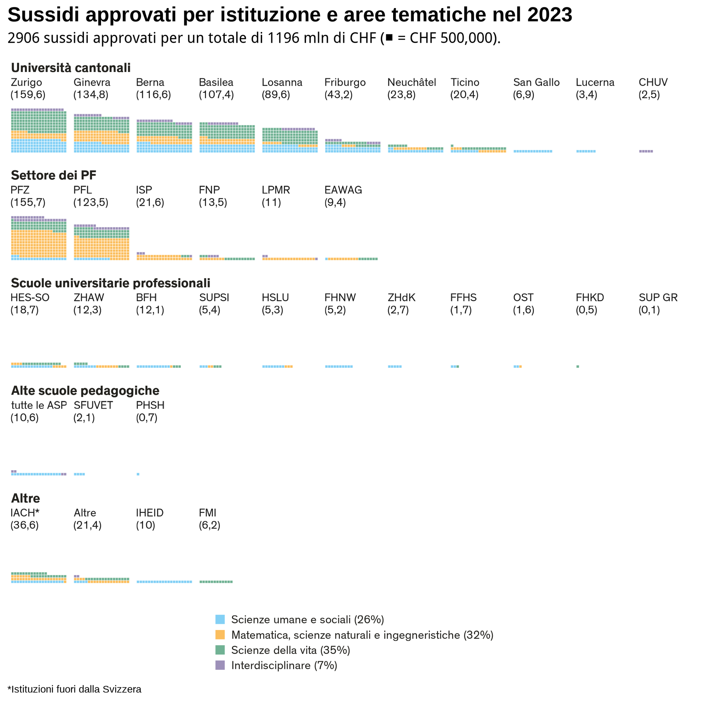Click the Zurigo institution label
coord(26,82)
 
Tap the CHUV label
coord(653,82)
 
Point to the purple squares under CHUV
coord(646,151)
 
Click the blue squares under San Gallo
coord(533,151)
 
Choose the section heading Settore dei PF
coord(53,175)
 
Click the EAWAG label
coord(343,190)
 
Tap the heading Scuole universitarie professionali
coord(111,283)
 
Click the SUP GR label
coord(658,298)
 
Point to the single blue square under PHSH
coord(138,474)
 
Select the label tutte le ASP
coord(39,405)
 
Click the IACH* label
coord(25,513)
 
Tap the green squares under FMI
coord(216,582)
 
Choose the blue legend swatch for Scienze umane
coord(220,620)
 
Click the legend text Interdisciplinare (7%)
coord(284,665)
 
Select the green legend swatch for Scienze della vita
coord(220,650)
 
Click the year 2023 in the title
coord(549,15)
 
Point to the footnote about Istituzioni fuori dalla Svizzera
coord(74,689)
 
